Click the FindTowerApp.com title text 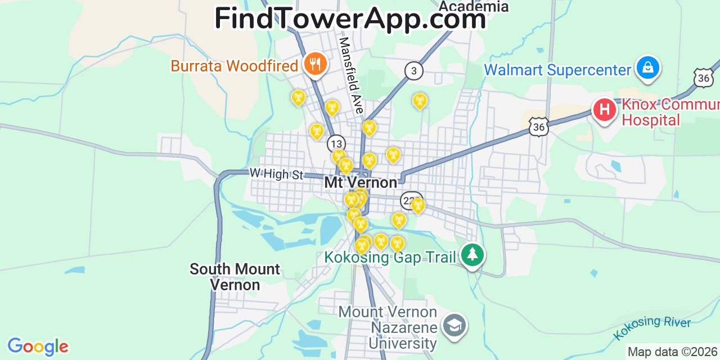pos(350,19)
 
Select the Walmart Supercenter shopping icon pos(647,67)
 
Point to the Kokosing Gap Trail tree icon pos(472,255)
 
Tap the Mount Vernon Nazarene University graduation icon pos(453,326)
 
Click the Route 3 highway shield pos(413,70)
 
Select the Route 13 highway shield pos(336,143)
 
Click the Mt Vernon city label pos(361,183)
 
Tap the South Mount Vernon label pos(235,277)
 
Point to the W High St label pos(276,174)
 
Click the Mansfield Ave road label pos(351,75)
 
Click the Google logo pos(37,346)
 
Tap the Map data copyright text pos(673,352)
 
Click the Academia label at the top pos(473,7)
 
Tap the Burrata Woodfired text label pos(234,66)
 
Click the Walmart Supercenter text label pos(557,70)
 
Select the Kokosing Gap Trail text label pos(390,257)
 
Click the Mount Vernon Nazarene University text pos(388,327)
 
